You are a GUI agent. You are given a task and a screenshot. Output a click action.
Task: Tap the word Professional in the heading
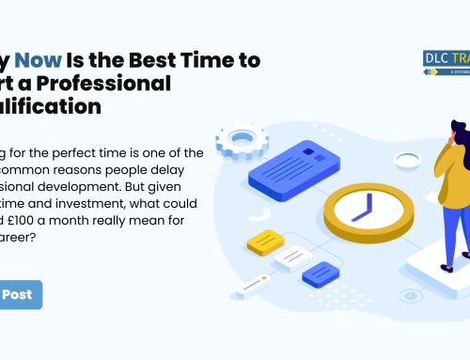119,84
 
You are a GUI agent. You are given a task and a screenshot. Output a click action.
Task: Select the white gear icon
243,142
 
